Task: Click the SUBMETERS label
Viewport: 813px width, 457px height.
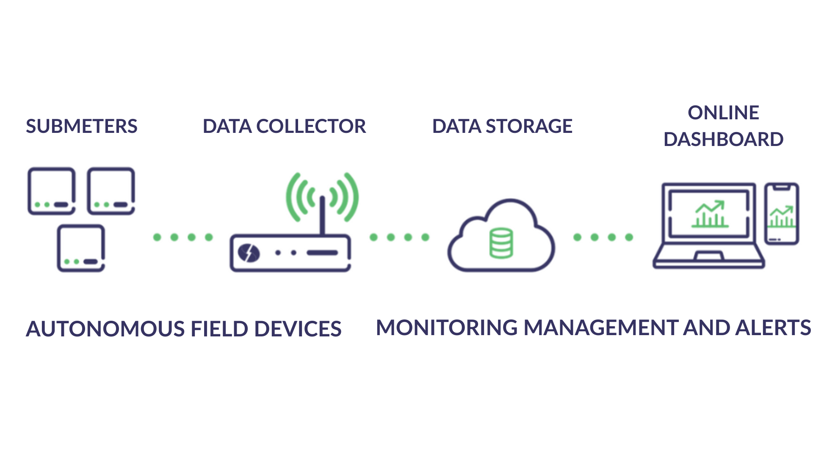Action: pyautogui.click(x=81, y=126)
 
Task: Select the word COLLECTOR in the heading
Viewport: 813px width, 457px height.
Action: pyautogui.click(x=311, y=126)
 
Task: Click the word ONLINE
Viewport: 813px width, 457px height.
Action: pyautogui.click(x=723, y=113)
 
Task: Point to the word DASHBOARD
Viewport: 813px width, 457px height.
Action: pyautogui.click(x=723, y=139)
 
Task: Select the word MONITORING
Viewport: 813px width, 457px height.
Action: pyautogui.click(x=447, y=328)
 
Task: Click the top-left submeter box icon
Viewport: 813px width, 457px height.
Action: pyautogui.click(x=52, y=191)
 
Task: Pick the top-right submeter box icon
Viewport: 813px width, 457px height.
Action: pyautogui.click(x=111, y=191)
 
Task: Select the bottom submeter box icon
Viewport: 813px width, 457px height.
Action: pyautogui.click(x=81, y=248)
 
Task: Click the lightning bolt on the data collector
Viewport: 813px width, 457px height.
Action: pyautogui.click(x=249, y=253)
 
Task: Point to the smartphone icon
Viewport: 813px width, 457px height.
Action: pyautogui.click(x=782, y=214)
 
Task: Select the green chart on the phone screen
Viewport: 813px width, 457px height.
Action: pyautogui.click(x=782, y=217)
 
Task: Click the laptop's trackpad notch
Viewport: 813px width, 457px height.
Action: pyautogui.click(x=709, y=256)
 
